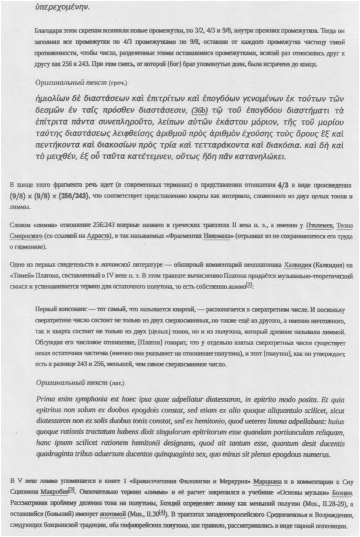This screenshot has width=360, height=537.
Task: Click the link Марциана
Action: pyautogui.click(x=265, y=480)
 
